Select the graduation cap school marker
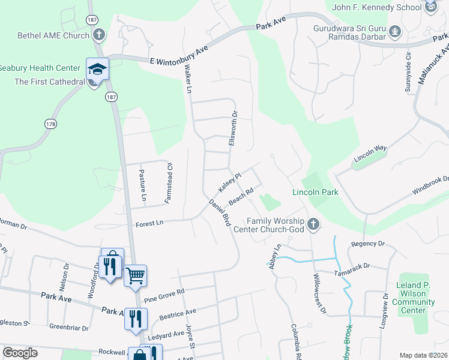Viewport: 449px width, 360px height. click(97, 69)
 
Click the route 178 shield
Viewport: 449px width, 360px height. click(50, 124)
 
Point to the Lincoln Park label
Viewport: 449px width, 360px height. click(315, 193)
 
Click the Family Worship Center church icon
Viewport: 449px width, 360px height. click(313, 224)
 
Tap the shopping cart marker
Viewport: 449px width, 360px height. click(136, 276)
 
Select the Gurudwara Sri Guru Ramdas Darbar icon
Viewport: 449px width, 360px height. click(394, 31)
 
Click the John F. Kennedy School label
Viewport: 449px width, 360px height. click(378, 8)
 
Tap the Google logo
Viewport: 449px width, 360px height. click(20, 353)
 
